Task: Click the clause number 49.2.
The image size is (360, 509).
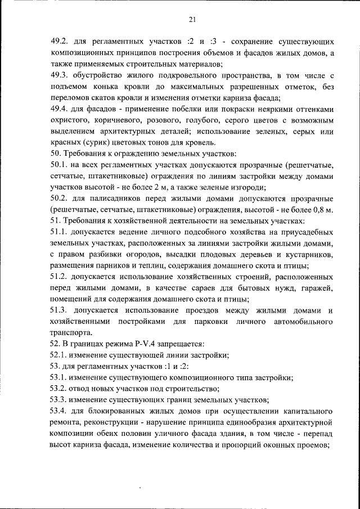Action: pos(59,42)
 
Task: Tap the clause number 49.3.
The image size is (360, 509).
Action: pos(59,75)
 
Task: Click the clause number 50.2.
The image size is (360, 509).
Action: pos(59,199)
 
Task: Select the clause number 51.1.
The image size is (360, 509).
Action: pos(59,232)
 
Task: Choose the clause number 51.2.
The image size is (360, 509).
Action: pos(59,277)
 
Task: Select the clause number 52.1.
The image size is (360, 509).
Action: pos(59,355)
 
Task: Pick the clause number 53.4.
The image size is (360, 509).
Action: pos(59,411)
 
